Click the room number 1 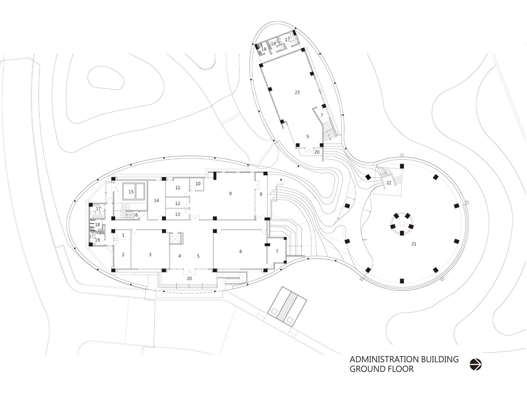[123, 235]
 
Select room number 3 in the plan [150, 254]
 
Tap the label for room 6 [241, 251]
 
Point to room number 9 [230, 194]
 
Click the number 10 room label [198, 184]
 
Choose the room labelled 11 [178, 188]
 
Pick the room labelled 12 [178, 203]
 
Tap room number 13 [178, 214]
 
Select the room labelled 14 [156, 200]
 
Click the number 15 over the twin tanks [131, 192]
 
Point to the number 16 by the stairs [135, 215]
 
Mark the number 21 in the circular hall [414, 244]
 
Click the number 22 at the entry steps [389, 183]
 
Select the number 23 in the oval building [297, 92]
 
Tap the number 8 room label [261, 194]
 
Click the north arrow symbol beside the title [475, 364]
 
